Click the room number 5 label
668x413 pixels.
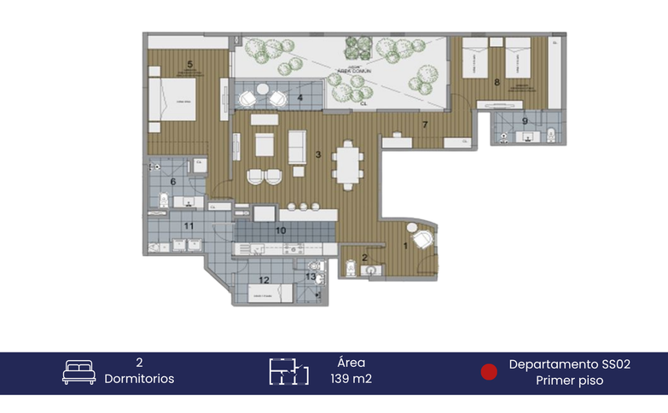click(189, 63)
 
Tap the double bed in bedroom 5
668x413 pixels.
click(173, 102)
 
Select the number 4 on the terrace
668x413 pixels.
click(299, 98)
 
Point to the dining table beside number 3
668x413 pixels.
click(346, 164)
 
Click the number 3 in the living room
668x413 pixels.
click(317, 154)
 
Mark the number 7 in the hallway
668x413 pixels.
click(424, 125)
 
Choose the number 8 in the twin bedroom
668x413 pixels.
click(497, 82)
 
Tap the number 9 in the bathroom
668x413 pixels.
click(525, 120)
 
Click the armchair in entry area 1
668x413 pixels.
click(421, 238)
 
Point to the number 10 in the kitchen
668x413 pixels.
click(280, 230)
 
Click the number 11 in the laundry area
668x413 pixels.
click(189, 225)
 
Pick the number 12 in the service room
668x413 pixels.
click(264, 280)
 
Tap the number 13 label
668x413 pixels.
click(311, 276)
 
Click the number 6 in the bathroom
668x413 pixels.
click(173, 181)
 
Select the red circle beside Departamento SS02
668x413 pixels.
click(489, 372)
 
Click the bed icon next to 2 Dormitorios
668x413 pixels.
click(78, 372)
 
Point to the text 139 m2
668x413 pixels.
click(351, 380)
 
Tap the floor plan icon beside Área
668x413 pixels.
click(288, 372)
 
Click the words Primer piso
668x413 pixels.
click(569, 381)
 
